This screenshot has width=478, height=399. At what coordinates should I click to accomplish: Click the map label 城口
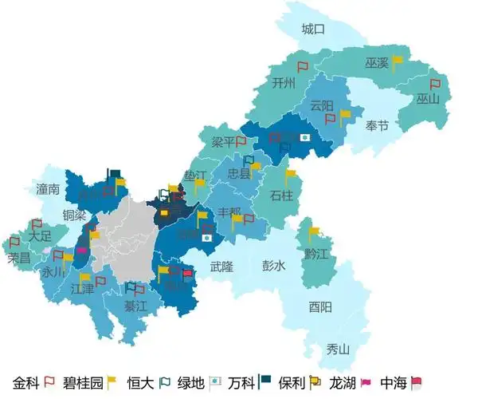click(x=314, y=30)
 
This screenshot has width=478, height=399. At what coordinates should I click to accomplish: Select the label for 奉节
click(x=378, y=125)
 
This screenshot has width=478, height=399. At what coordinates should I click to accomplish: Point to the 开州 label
click(x=283, y=82)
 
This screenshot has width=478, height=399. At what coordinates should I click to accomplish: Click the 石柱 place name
click(x=282, y=195)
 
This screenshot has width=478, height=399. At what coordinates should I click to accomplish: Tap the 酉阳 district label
click(x=321, y=307)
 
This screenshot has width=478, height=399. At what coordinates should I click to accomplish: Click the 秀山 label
click(x=338, y=349)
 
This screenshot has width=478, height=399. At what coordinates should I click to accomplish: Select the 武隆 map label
click(x=221, y=266)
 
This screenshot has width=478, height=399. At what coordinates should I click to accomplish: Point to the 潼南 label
click(x=48, y=189)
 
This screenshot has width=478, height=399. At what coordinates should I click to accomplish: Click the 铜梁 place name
click(x=74, y=215)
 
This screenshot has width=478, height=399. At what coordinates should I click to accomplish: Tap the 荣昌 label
click(x=18, y=259)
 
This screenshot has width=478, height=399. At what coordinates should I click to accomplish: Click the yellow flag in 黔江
click(x=314, y=233)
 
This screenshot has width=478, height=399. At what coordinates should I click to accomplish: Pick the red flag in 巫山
click(x=435, y=84)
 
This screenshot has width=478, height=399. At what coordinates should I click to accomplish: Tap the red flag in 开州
click(x=303, y=68)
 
